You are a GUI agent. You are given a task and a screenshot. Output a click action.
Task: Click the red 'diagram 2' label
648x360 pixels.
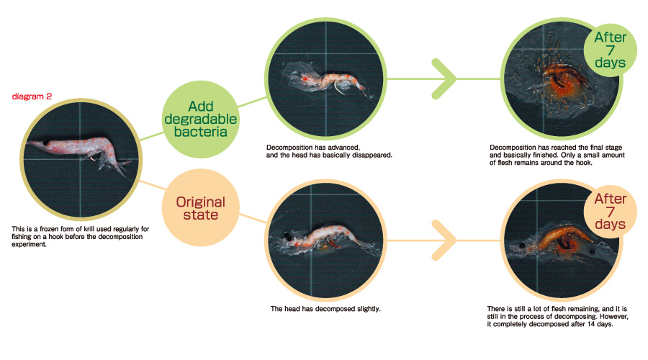point(32,96)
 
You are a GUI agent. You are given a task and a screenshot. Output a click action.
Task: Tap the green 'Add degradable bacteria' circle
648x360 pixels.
point(200,119)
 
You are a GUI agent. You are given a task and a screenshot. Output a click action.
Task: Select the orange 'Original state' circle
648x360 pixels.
point(200,208)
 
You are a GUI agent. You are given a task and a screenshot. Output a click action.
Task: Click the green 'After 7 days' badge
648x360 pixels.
point(610,50)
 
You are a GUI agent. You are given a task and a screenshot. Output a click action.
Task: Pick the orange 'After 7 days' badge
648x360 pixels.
point(610,212)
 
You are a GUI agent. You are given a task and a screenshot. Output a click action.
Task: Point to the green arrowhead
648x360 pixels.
point(444,79)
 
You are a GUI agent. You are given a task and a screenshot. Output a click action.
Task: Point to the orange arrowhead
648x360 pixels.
point(444,240)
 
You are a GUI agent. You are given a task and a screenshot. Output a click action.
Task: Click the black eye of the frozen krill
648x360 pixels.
point(46,143)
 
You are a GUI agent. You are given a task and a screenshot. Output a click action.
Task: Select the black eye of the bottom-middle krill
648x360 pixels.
point(287,236)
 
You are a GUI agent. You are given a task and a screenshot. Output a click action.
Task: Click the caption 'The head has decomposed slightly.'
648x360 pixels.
point(325,309)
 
